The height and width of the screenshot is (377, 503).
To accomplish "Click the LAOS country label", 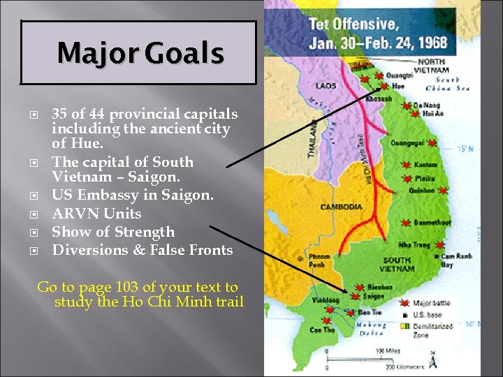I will [x=326, y=86].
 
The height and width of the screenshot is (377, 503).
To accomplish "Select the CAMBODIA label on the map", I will [x=341, y=207].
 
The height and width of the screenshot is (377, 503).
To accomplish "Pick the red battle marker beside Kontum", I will [x=407, y=165].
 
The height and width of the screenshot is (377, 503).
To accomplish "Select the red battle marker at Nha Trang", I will [x=406, y=245].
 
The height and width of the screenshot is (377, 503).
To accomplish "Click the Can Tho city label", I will [x=323, y=330].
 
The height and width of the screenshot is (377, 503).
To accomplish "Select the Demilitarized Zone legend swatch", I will [x=405, y=325].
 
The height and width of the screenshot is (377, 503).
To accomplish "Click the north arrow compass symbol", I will [x=433, y=361].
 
